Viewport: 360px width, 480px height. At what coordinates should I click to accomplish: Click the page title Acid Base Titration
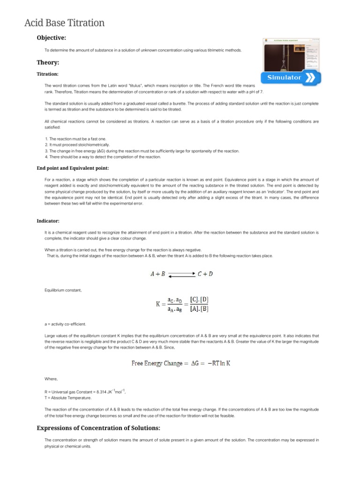coord(64,22)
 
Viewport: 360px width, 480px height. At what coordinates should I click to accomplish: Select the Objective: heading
coord(52,37)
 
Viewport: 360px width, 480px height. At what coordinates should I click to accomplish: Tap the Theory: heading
coord(48,62)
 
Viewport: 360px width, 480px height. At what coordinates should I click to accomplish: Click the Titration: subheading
coord(47,74)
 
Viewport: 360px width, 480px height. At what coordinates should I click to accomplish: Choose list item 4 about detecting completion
coord(103,157)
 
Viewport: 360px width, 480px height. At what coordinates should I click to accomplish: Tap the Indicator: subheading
coord(48,221)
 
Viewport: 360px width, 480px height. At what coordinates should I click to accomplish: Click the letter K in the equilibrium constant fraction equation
coord(158,304)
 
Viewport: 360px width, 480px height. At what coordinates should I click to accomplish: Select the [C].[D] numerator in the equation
coord(199,299)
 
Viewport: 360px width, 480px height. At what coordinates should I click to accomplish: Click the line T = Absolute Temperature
coord(67,397)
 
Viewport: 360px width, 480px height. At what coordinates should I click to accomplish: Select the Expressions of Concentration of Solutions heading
coord(98,428)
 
